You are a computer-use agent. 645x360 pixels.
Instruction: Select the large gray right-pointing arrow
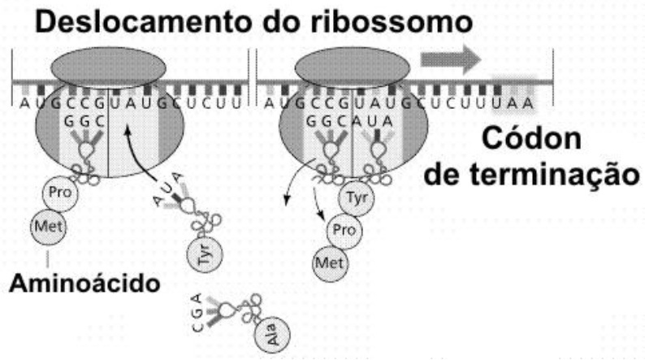[x=450, y=59]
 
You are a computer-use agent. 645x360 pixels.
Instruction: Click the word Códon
[x=531, y=138]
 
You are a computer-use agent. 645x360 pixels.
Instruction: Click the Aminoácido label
[x=84, y=283]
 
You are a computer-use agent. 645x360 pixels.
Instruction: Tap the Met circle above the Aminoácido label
[x=49, y=226]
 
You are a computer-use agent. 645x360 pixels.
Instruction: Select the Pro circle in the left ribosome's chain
[x=60, y=193]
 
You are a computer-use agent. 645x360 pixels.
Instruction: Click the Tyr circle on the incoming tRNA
[x=205, y=254]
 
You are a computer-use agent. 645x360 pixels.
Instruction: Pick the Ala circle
[x=272, y=335]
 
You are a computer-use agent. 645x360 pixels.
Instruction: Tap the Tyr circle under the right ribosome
[x=357, y=198]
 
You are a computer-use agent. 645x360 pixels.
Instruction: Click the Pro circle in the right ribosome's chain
[x=344, y=231]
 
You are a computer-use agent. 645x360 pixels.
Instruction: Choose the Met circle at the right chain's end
[x=331, y=263]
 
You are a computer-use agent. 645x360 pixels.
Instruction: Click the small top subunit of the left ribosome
[x=108, y=67]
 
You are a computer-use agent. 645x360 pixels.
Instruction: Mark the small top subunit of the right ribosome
[x=353, y=67]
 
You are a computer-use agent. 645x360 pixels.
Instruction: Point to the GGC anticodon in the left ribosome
[x=84, y=121]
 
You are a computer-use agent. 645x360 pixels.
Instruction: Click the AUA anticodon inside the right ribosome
[x=372, y=121]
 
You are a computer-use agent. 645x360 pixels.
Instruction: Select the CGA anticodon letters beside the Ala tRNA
[x=197, y=312]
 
